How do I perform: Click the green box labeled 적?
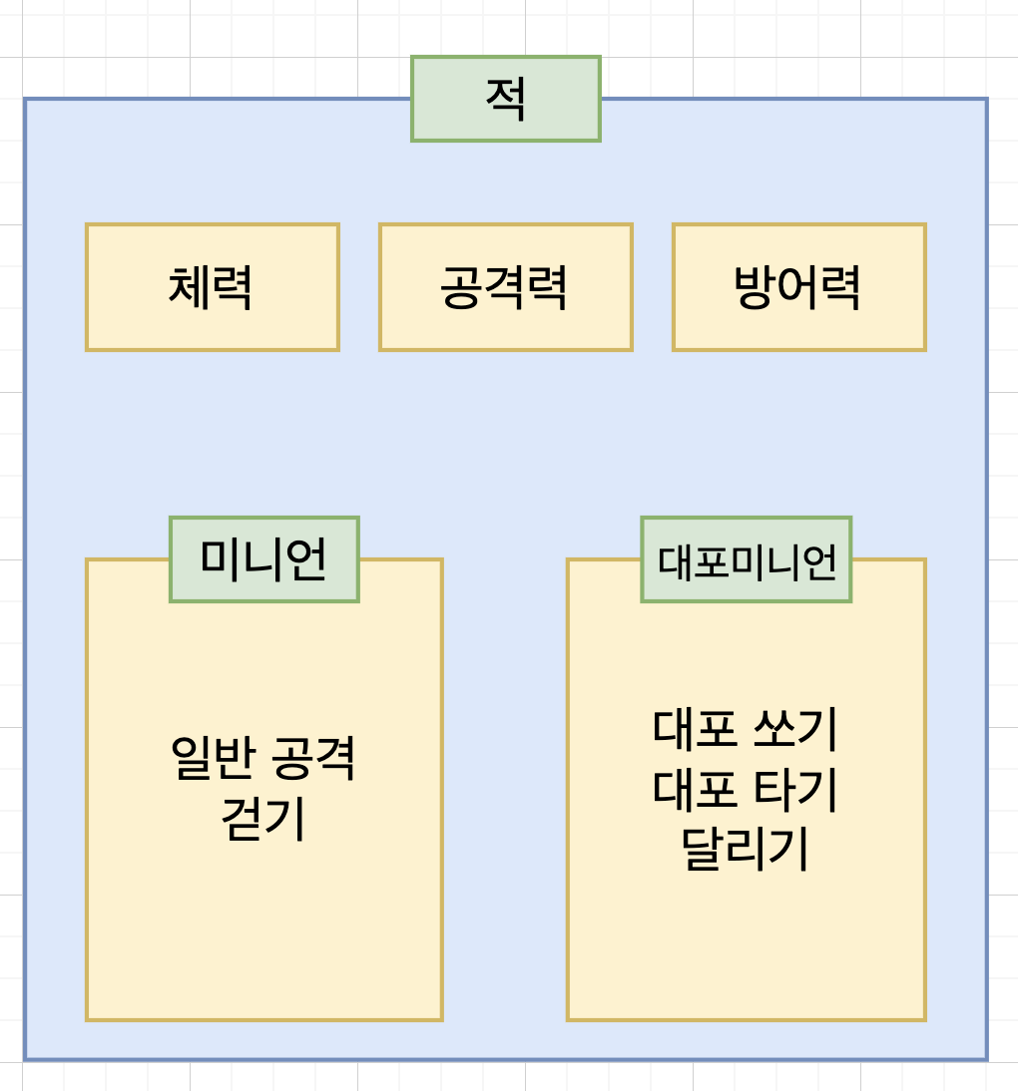point(505,99)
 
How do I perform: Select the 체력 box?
point(212,287)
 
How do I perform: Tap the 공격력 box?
point(505,287)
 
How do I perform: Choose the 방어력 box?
point(798,287)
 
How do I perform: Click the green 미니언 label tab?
point(263,559)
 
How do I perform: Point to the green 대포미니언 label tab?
point(746,559)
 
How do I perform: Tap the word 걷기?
point(263,819)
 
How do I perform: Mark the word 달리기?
point(746,849)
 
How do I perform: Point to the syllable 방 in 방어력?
point(755,288)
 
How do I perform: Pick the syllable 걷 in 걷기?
point(243,819)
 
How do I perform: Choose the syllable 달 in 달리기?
point(704,849)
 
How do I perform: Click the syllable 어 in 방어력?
point(798,288)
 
